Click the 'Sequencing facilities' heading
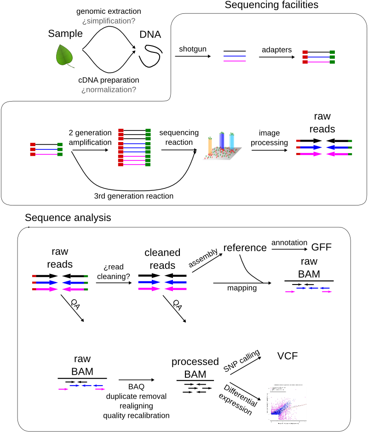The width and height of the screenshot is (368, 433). [x=271, y=6]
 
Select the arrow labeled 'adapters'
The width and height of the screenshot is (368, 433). [x=276, y=57]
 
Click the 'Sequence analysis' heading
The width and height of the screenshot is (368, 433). [x=68, y=217]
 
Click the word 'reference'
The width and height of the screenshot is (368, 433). [x=245, y=248]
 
